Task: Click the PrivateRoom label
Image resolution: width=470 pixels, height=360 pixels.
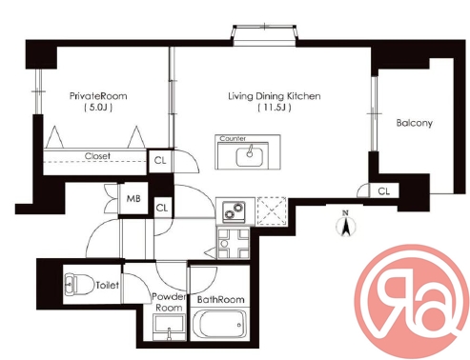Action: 98,96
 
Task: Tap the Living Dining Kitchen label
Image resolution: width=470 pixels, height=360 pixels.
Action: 275,96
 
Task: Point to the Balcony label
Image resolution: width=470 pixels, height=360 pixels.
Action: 415,123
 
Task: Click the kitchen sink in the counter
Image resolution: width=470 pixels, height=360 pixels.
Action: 250,157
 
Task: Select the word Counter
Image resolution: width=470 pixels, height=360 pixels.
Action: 233,138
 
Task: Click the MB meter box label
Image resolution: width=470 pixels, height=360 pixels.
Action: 133,199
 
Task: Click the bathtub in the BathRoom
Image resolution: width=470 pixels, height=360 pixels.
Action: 219,325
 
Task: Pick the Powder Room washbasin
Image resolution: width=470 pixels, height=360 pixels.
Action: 169,328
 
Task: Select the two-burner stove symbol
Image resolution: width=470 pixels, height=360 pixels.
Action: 234,210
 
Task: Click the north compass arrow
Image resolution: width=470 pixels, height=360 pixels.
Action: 346,225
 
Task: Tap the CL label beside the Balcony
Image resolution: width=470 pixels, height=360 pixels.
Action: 384,191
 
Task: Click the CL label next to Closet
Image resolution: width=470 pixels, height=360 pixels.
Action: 160,161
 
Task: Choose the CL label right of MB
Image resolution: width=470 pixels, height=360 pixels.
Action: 162,208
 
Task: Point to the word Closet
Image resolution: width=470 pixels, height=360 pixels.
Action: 97,156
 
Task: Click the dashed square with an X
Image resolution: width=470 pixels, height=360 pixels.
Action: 272,210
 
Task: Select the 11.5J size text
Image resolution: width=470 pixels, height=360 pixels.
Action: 275,108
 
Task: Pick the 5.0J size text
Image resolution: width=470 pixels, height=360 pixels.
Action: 98,108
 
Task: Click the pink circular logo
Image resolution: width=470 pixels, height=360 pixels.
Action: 412,302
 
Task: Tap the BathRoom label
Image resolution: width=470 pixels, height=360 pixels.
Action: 221,299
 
